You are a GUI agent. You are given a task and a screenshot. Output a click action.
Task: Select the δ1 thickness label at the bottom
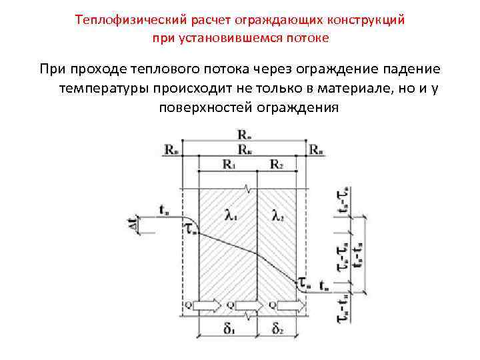pos(229,329)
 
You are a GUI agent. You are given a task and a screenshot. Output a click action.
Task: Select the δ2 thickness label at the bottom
pos(277,329)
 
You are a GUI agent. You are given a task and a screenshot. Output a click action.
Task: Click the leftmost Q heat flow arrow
pos(206,305)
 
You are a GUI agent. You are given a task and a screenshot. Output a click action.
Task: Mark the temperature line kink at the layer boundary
pos(257,251)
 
